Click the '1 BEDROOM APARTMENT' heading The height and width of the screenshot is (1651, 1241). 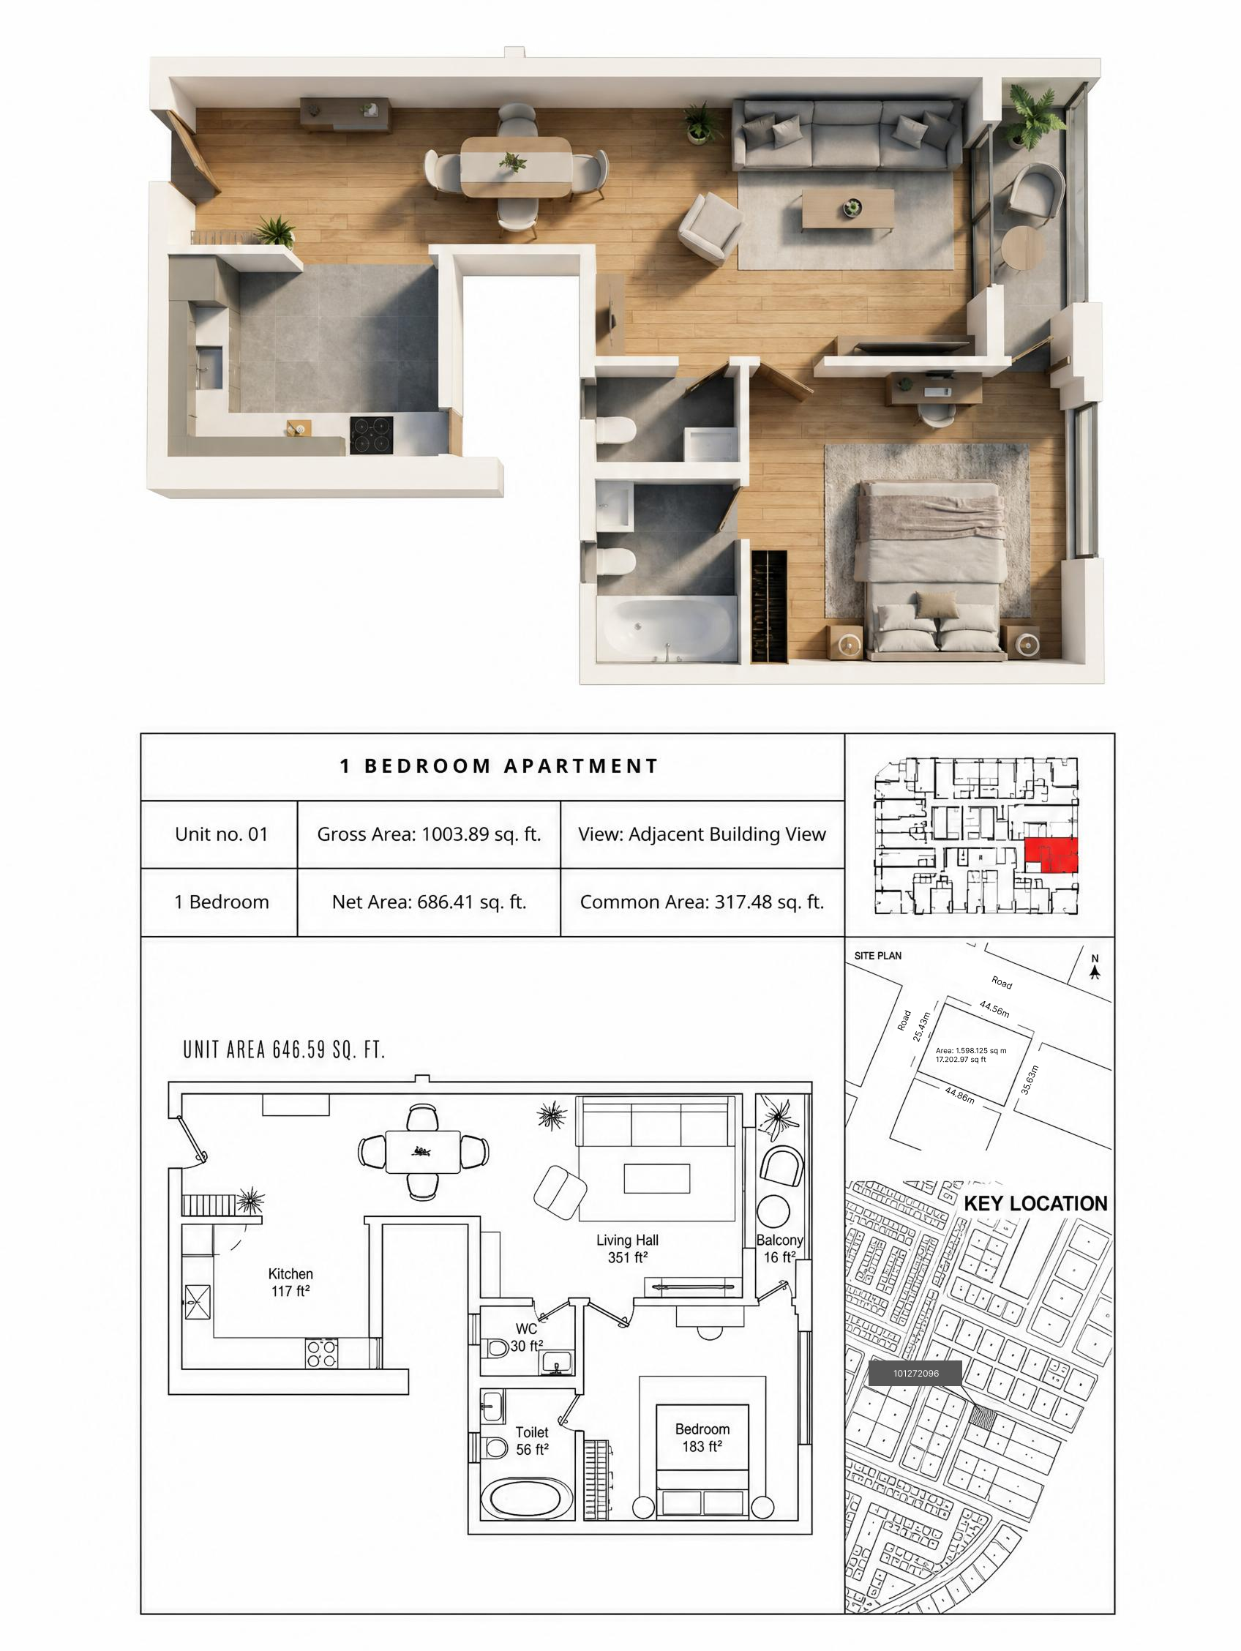(499, 765)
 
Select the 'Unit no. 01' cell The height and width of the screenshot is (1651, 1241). (221, 834)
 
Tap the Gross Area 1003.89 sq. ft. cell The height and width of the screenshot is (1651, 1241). (429, 834)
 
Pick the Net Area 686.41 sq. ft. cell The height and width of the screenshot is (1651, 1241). (429, 902)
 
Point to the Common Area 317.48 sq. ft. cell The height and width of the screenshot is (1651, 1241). (702, 902)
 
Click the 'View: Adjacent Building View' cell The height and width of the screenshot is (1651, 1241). (702, 834)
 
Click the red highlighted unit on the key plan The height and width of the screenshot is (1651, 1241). (1051, 856)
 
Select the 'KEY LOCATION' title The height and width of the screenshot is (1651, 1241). (1036, 1204)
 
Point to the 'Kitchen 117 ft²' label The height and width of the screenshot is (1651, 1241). (290, 1282)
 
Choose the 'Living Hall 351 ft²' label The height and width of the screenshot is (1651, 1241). (627, 1248)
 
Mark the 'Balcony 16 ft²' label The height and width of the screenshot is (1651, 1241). (780, 1248)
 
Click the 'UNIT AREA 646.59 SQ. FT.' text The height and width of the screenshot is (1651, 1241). (285, 1050)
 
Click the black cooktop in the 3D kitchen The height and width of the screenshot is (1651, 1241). (371, 435)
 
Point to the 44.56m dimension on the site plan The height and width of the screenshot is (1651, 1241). (994, 1009)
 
